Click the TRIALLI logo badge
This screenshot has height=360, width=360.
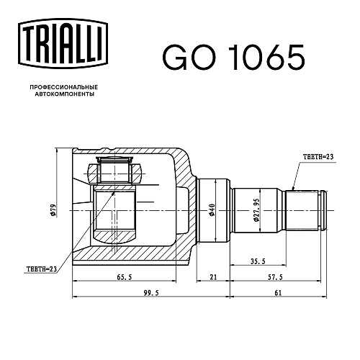63,44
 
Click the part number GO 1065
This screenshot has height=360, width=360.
233,58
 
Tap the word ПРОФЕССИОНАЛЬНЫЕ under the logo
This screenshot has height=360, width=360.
64,87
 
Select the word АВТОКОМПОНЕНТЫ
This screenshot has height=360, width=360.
64,94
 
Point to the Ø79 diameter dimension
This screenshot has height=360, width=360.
53,210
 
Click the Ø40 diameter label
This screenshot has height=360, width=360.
212,210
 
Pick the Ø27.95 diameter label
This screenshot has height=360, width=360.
256,210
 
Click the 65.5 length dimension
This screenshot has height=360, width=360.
125,277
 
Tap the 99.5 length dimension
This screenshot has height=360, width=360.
151,293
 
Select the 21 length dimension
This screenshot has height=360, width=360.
213,277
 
